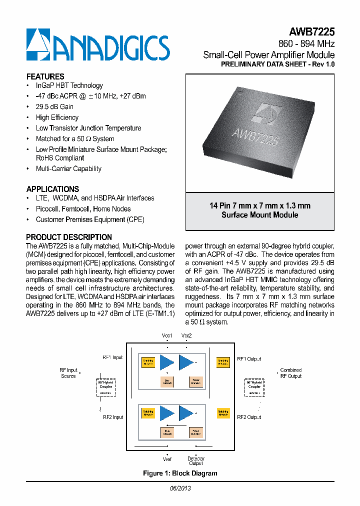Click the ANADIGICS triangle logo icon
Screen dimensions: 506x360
coord(38,44)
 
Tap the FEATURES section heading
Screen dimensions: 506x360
coord(45,76)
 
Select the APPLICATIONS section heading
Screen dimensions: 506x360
coord(52,189)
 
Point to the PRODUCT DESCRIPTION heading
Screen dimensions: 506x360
coord(69,237)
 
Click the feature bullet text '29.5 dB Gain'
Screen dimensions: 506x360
coord(54,106)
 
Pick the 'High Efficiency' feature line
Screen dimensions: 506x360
coord(57,117)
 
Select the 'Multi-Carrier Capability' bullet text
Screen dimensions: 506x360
coord(68,168)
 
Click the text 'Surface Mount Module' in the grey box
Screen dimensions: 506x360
coord(259,215)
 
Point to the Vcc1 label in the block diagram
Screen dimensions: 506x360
coord(167,335)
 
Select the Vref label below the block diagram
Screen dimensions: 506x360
coord(167,458)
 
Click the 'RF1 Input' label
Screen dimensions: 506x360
coord(112,358)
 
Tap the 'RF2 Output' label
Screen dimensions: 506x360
coord(249,417)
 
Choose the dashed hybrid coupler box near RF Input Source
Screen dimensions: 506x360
coord(105,387)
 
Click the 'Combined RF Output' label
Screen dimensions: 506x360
coord(290,373)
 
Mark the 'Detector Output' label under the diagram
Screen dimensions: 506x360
coord(196,461)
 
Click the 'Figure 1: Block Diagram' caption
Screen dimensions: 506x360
coord(180,473)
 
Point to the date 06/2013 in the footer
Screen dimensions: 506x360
coord(180,488)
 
